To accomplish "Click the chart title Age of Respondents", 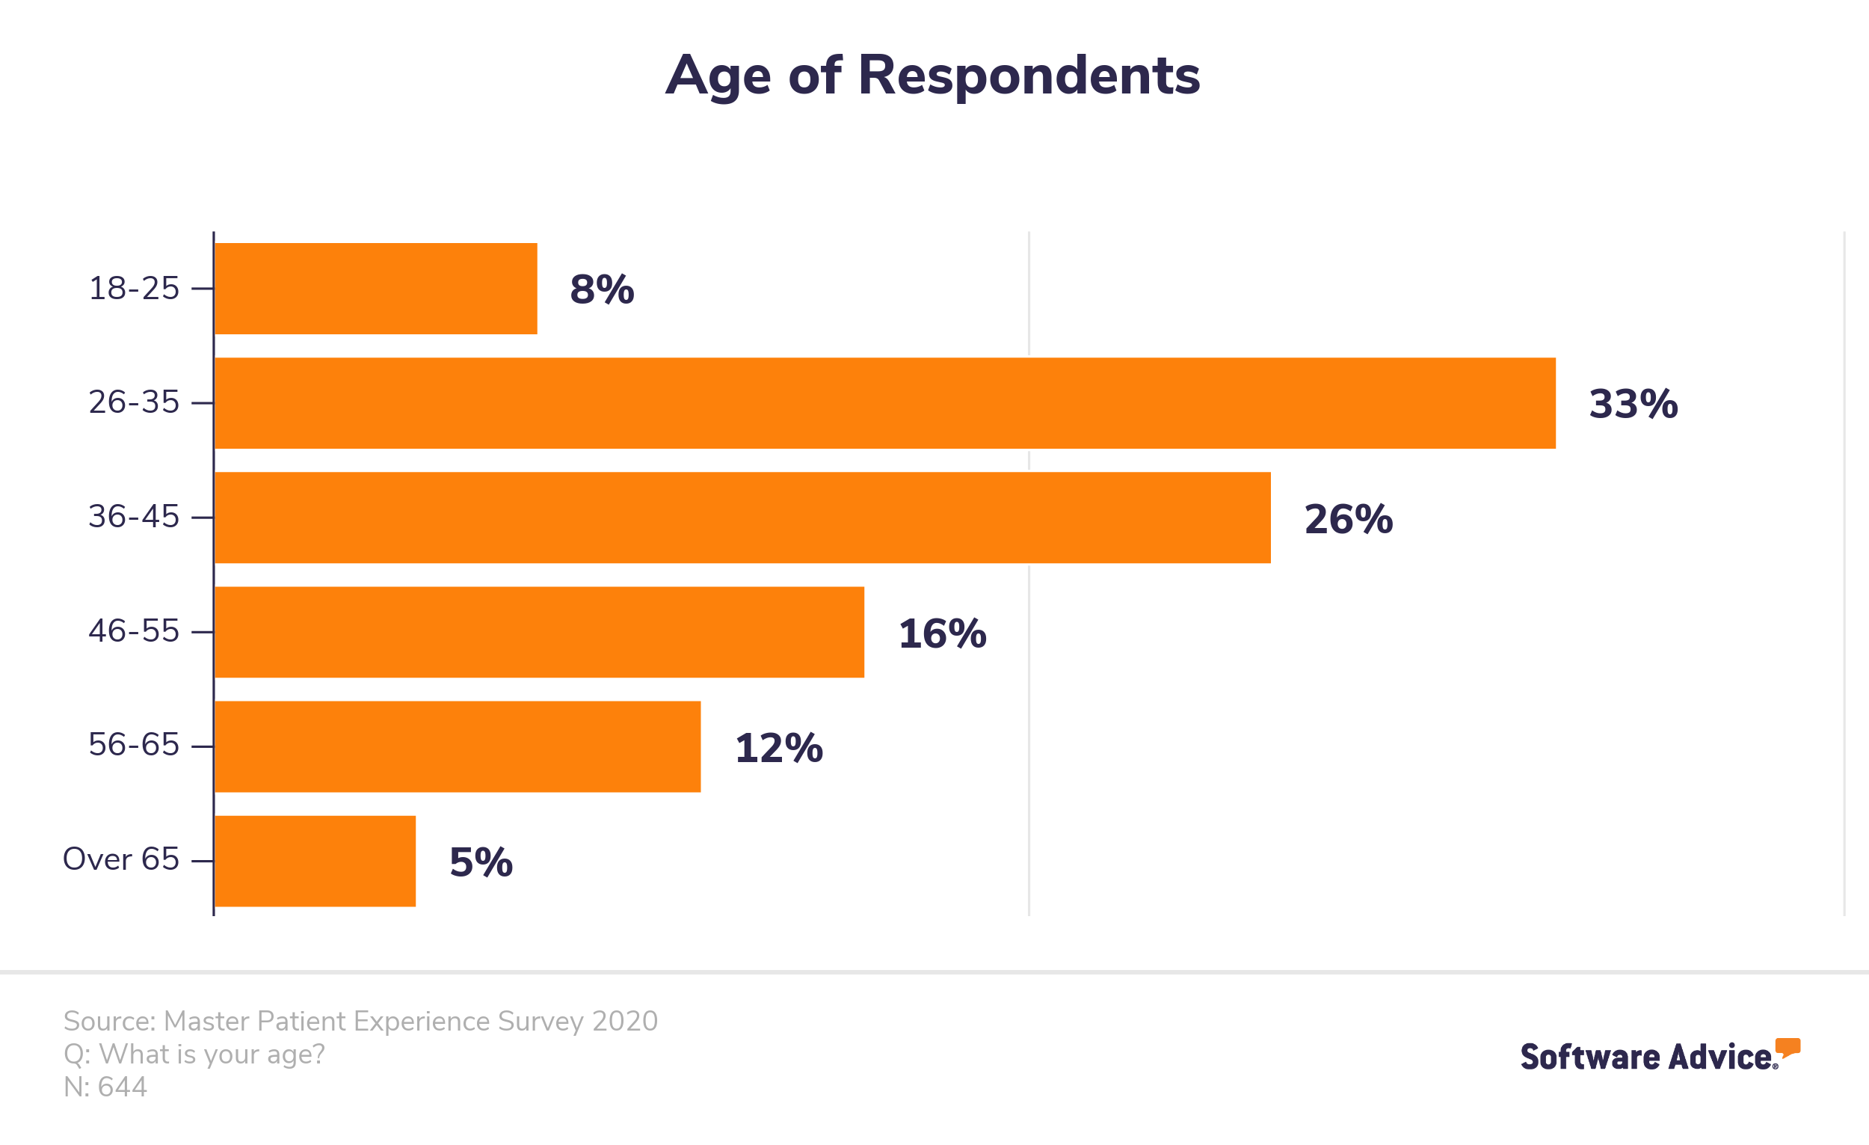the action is tap(932, 76).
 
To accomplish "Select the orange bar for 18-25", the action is tap(376, 289).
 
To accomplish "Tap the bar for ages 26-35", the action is tap(885, 403).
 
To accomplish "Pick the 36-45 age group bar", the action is tap(742, 518).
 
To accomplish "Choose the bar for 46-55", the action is tap(539, 632).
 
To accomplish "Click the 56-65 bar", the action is tap(458, 746).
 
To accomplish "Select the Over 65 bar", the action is tap(315, 862).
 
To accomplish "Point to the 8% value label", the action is tap(602, 289).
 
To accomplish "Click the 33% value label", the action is tap(1633, 404).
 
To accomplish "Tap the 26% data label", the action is tap(1348, 519).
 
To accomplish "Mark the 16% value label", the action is tap(942, 633).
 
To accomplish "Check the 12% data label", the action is tap(778, 748).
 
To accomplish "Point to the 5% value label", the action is tap(481, 862).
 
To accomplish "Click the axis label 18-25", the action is tap(134, 289).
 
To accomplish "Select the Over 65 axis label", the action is tap(120, 859).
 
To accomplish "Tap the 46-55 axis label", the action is tap(134, 630).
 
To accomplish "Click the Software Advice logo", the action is tap(1660, 1055).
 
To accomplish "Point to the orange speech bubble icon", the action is tap(1788, 1047).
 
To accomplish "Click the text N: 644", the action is tap(105, 1087).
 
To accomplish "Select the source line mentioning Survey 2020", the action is tap(360, 1022).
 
